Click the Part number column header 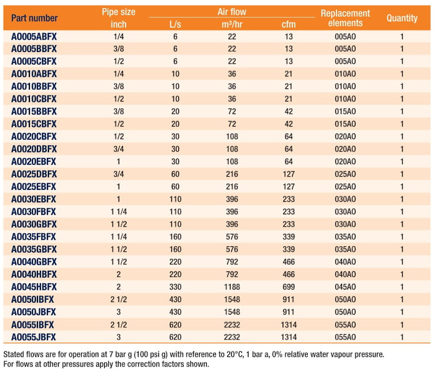[x=34, y=18]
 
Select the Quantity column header [x=402, y=18]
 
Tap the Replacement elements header [x=345, y=18]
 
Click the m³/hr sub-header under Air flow [x=232, y=24]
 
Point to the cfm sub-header [x=289, y=24]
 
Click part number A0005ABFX [x=34, y=36]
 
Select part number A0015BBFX [x=34, y=111]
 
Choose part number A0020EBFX [x=34, y=162]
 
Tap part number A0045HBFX [x=34, y=287]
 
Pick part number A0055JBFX [x=34, y=337]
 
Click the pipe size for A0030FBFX [x=119, y=212]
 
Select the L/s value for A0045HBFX [x=175, y=287]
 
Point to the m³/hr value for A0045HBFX [x=232, y=287]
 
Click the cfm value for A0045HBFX [x=289, y=287]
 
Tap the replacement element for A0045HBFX [x=345, y=287]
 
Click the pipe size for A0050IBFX [x=119, y=299]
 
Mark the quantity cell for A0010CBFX [x=402, y=99]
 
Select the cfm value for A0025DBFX [x=289, y=174]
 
